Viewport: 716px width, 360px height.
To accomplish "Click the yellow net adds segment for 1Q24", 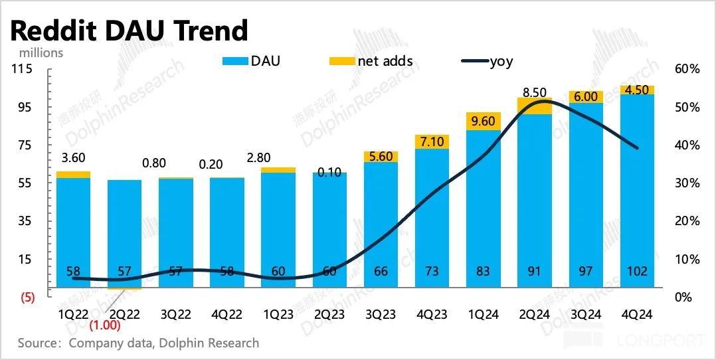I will click(484, 122).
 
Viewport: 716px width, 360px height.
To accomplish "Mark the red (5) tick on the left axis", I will click(27, 298).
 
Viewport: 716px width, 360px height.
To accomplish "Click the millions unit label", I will click(41, 52).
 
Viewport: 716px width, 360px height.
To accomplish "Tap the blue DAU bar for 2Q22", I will click(125, 232).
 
